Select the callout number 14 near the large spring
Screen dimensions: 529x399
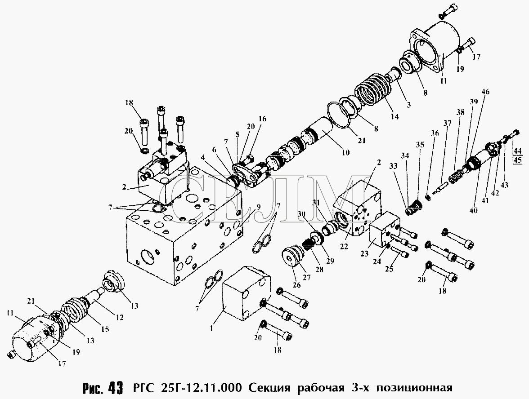(x=395, y=116)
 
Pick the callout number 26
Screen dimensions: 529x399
(x=296, y=285)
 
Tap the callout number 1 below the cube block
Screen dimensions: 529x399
(x=211, y=328)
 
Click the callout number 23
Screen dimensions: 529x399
(x=364, y=254)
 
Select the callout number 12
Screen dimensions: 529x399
(x=120, y=317)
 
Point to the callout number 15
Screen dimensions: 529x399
(x=105, y=329)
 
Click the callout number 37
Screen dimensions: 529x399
(x=447, y=123)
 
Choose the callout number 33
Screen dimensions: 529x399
(x=393, y=166)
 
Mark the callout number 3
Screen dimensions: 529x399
(x=408, y=104)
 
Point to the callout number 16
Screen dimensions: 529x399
(x=262, y=119)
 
